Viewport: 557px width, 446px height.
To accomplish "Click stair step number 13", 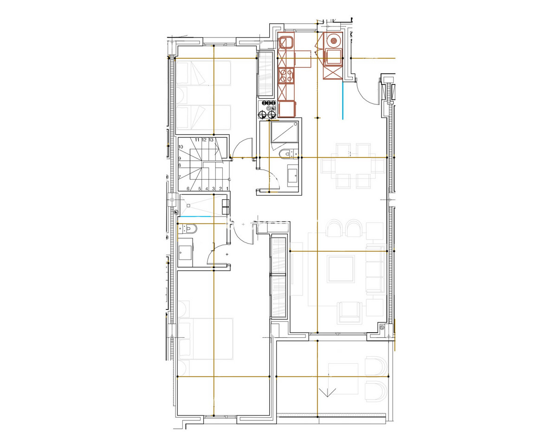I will point(211,139).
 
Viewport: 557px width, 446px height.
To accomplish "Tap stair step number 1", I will point(227,189).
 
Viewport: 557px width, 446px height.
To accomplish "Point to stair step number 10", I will point(180,147).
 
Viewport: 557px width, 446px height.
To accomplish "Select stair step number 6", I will point(188,189).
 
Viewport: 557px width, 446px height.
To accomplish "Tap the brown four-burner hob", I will point(285,75).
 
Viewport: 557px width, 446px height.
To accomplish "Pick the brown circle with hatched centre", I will point(333,40).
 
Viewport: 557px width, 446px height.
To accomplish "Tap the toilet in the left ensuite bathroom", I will point(189,228).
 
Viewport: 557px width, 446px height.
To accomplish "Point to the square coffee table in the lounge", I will point(341,269).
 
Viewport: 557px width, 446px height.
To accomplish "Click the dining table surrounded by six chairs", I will point(353,165).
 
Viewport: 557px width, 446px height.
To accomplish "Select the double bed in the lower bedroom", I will point(204,338).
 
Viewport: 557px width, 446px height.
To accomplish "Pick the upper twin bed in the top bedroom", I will point(203,73).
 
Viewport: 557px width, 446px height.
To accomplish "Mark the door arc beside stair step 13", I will point(243,147).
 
